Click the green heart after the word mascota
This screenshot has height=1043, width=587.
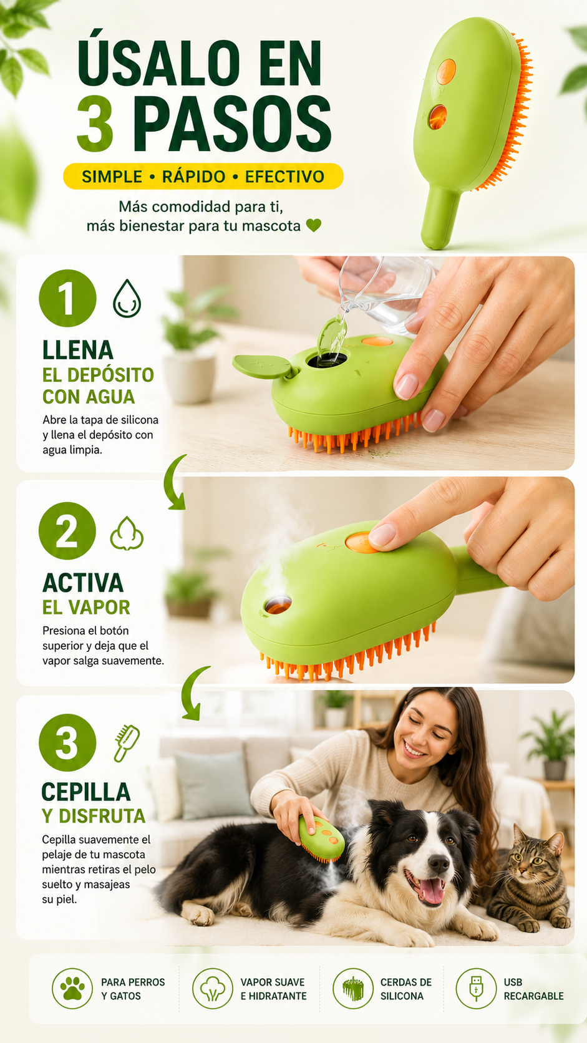(x=314, y=226)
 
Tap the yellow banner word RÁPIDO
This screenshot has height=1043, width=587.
(x=193, y=177)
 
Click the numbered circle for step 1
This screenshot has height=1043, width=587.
(x=67, y=298)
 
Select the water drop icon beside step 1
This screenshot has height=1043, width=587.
(x=127, y=298)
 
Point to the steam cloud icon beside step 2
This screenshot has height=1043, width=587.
(x=127, y=533)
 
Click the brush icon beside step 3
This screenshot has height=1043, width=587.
(x=127, y=743)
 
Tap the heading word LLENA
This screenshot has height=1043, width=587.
(x=78, y=350)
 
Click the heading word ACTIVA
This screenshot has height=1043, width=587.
(x=83, y=583)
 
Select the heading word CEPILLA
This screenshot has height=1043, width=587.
(x=85, y=792)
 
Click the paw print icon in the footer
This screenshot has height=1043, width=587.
(x=72, y=989)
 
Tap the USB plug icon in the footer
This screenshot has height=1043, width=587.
(x=476, y=989)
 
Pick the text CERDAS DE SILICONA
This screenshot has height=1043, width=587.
(x=405, y=989)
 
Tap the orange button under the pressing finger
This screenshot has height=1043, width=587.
(x=362, y=542)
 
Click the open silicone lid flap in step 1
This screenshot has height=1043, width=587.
(x=264, y=366)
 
